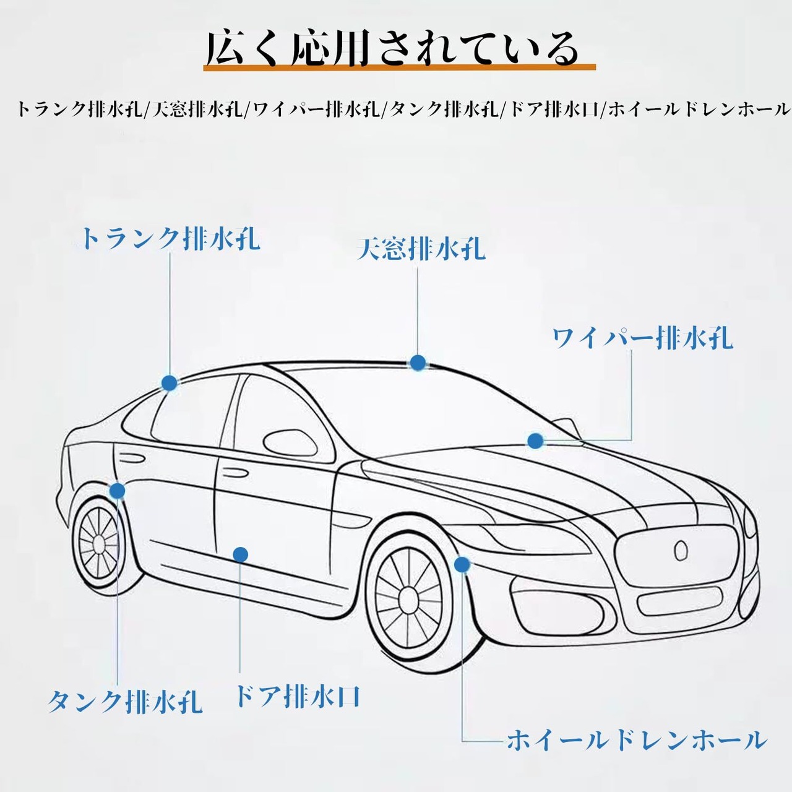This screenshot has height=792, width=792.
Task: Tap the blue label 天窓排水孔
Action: click(421, 248)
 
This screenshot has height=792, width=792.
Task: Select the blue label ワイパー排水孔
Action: click(642, 338)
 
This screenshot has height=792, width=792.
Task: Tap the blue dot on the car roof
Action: click(418, 363)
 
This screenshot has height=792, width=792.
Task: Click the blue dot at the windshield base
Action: click(535, 441)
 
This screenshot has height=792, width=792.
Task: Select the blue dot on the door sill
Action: click(241, 554)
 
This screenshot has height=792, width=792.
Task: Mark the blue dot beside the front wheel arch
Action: click(462, 564)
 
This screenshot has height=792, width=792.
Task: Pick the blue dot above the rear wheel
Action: click(118, 490)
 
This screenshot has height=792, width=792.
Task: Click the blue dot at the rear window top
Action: click(169, 382)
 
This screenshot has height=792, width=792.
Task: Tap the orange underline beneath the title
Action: click(399, 67)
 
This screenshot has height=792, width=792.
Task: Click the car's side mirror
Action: click(290, 444)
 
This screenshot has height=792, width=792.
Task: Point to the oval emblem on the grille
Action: click(681, 550)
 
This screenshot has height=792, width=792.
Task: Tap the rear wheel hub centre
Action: click(99, 545)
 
